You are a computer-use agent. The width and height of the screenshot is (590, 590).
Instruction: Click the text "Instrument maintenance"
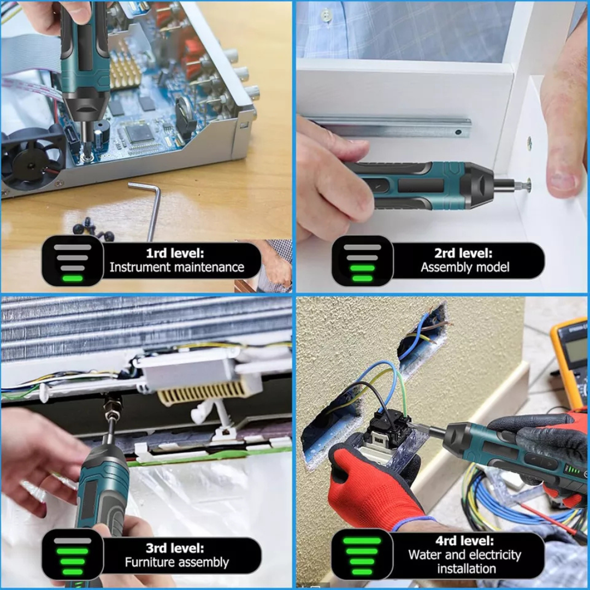(176, 267)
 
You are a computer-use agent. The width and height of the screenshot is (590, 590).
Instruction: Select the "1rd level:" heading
(174, 253)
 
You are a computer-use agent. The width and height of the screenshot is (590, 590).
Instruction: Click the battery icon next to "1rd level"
(73, 262)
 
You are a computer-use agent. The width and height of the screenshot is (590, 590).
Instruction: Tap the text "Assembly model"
(465, 267)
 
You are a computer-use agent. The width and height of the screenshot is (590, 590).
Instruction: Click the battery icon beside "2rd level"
(362, 262)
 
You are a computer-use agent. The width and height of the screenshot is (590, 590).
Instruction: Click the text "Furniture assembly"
(176, 562)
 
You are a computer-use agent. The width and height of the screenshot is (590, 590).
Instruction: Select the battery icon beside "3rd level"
(73, 556)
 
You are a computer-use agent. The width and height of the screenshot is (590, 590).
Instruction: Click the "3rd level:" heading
(174, 548)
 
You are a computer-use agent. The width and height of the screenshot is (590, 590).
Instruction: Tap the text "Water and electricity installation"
(465, 561)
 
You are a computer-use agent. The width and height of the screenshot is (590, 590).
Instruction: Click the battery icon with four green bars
(362, 556)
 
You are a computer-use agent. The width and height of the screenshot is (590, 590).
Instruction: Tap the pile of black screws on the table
(93, 229)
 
